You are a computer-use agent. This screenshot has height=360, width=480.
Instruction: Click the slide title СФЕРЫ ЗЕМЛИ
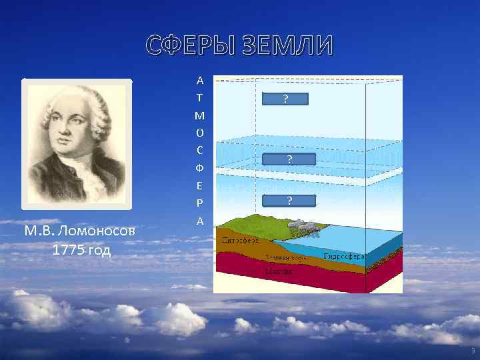click(x=239, y=47)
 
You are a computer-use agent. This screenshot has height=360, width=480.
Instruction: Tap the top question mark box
click(x=285, y=99)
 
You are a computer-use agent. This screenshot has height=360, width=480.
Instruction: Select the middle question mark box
click(x=289, y=159)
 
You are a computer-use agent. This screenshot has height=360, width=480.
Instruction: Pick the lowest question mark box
click(x=289, y=200)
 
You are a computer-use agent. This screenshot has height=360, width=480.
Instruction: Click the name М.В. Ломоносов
click(x=79, y=231)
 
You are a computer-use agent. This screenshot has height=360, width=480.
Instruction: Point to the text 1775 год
click(x=79, y=251)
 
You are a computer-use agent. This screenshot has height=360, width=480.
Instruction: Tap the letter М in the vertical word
click(x=200, y=115)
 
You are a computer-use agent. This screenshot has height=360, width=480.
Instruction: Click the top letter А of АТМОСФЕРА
click(x=200, y=81)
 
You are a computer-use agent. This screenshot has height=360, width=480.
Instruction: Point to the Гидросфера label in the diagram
click(x=343, y=256)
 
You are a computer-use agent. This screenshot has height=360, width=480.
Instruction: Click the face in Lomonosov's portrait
click(x=75, y=130)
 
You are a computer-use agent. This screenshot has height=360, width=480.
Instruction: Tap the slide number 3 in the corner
click(x=472, y=351)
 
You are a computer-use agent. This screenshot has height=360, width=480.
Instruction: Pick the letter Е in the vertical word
click(x=200, y=185)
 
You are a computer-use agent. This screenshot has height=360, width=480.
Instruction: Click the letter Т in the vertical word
click(x=200, y=98)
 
